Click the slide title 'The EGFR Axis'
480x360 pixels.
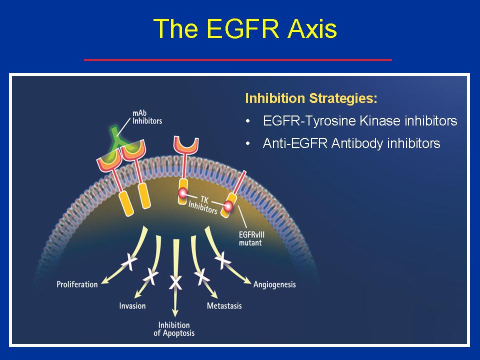pyautogui.click(x=245, y=28)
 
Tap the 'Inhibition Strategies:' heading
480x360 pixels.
pyautogui.click(x=311, y=98)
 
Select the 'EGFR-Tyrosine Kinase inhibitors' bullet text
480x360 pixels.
pyautogui.click(x=360, y=121)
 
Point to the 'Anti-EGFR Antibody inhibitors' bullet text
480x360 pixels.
pyautogui.click(x=351, y=143)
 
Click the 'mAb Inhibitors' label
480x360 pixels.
pyautogui.click(x=147, y=117)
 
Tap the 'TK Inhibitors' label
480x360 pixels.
pyautogui.click(x=203, y=205)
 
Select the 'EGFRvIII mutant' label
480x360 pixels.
pyautogui.click(x=251, y=239)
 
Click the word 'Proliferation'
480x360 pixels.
pyautogui.click(x=77, y=284)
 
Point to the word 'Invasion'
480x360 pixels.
pyautogui.click(x=132, y=306)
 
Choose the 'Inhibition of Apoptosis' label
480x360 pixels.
pyautogui.click(x=174, y=329)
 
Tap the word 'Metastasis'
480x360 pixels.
pyautogui.click(x=224, y=306)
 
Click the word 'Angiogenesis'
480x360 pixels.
pyautogui.click(x=274, y=284)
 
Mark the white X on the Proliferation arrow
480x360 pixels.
pyautogui.click(x=129, y=262)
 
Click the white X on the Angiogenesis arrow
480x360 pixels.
pyautogui.click(x=223, y=260)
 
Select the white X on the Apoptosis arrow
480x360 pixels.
pyautogui.click(x=175, y=282)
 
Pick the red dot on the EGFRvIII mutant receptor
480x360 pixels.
pyautogui.click(x=228, y=206)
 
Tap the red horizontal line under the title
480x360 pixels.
pyautogui.click(x=238, y=59)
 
